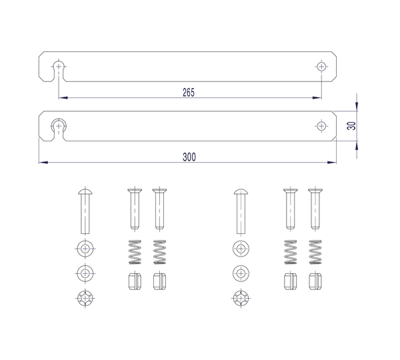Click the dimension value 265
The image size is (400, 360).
(189, 93)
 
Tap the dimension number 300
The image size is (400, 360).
(189, 157)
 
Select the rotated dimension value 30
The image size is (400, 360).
(351, 125)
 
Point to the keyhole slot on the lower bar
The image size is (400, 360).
(59, 129)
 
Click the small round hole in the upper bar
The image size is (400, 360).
(321, 67)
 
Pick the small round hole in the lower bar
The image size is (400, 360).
(321, 126)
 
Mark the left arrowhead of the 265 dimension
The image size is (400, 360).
(63, 98)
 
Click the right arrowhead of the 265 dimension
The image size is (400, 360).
(317, 98)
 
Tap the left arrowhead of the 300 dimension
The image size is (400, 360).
(43, 162)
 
